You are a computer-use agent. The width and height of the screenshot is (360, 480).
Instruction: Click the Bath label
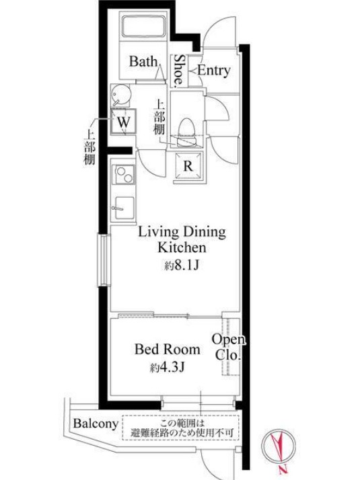click(143, 61)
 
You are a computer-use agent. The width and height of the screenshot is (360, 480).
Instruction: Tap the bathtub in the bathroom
click(144, 26)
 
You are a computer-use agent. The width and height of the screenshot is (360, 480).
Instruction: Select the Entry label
click(214, 71)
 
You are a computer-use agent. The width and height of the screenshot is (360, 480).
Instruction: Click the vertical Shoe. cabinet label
click(179, 71)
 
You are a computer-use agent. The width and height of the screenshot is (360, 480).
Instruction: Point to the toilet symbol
click(186, 132)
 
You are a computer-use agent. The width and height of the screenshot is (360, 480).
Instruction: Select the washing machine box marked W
click(124, 122)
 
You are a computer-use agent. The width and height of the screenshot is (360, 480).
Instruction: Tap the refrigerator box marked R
click(188, 166)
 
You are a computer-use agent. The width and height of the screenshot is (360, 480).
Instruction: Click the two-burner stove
click(123, 175)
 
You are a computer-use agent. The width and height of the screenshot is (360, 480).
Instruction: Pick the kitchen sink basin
click(124, 208)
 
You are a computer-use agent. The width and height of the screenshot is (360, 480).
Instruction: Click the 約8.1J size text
click(182, 265)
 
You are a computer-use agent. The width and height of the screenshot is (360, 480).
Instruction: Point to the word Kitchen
click(182, 247)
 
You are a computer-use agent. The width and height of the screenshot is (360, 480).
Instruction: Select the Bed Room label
click(168, 350)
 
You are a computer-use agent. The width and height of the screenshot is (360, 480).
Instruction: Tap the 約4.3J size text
click(168, 367)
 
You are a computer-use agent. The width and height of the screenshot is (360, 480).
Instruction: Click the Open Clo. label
click(229, 347)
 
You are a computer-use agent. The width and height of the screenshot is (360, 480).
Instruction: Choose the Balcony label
click(96, 424)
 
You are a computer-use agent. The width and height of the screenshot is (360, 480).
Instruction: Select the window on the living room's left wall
click(104, 261)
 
